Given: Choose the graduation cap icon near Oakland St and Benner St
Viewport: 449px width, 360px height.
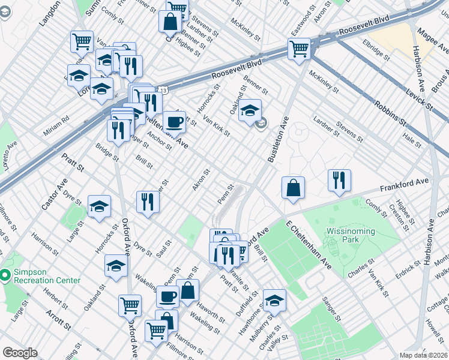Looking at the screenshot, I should (x=250, y=110).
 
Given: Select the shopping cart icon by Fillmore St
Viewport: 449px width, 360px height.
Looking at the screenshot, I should (x=156, y=330).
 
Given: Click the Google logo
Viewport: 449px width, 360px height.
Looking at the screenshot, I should (x=20, y=353).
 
